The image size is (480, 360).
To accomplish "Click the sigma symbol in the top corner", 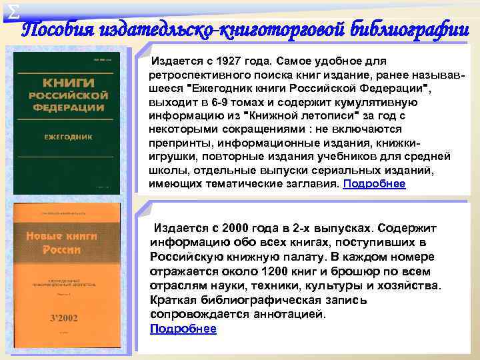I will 7,9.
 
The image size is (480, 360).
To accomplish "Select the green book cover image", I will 67,123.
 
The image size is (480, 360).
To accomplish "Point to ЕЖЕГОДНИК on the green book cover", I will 67,137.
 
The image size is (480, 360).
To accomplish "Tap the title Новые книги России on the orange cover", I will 62,243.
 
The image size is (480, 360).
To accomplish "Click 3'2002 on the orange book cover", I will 64,318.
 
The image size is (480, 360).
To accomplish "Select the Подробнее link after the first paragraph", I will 374,183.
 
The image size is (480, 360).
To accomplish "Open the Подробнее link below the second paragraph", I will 183,328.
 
